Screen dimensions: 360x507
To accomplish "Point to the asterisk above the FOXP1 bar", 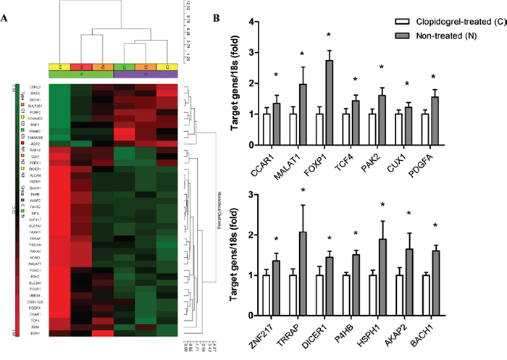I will pyautogui.click(x=329, y=35).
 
